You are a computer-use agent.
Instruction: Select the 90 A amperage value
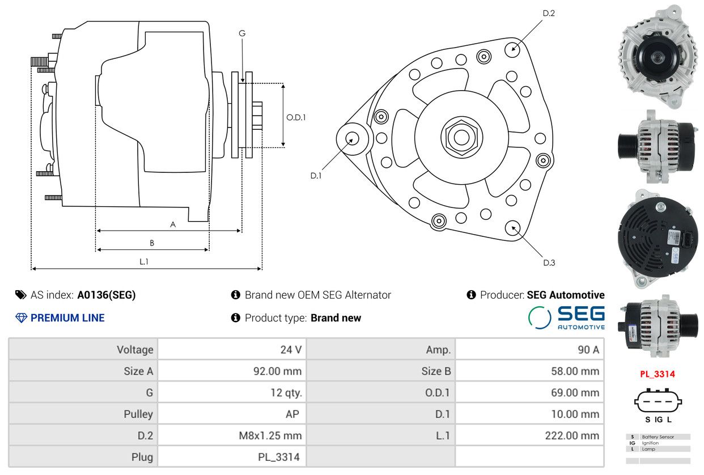point(588,350)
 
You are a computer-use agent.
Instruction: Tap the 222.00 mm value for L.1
point(572,436)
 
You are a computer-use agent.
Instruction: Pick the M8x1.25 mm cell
point(270,436)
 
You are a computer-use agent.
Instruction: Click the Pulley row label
point(138,414)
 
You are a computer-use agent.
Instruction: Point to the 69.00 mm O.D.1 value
point(575,393)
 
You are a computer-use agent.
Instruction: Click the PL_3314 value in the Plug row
point(279,457)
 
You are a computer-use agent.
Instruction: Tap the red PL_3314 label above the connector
point(658,374)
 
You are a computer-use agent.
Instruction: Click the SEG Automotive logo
point(566,317)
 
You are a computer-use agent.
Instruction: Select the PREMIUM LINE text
point(67,318)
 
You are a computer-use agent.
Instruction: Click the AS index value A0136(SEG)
point(107,295)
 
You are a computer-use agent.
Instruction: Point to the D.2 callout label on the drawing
point(549,13)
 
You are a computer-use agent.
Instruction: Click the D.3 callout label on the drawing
point(549,263)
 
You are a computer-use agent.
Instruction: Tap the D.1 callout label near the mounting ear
point(316,176)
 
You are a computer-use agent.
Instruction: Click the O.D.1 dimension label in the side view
point(296,117)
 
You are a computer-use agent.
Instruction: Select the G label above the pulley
point(242,33)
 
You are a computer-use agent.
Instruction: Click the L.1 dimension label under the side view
point(144,261)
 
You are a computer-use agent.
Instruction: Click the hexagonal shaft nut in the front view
point(461,137)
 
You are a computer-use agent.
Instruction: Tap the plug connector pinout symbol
point(658,401)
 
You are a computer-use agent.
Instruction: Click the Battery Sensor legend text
point(658,437)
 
